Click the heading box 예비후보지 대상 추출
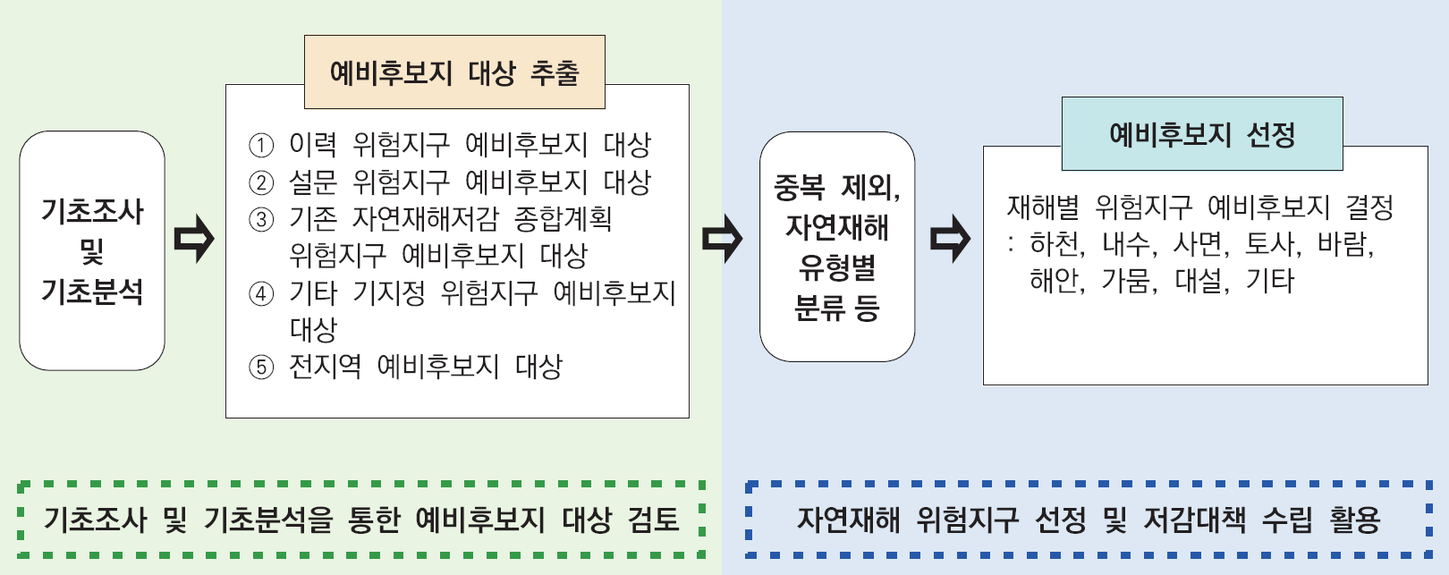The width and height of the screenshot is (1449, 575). click(x=454, y=72)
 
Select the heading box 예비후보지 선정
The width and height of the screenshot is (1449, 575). click(x=1202, y=134)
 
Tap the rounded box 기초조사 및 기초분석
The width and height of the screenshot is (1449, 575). click(x=92, y=250)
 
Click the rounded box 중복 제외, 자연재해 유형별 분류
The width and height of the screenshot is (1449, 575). click(x=837, y=247)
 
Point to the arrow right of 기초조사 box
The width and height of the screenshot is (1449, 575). click(x=194, y=239)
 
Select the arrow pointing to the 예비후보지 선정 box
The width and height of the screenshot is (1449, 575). click(x=950, y=239)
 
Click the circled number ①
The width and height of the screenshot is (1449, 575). click(x=260, y=145)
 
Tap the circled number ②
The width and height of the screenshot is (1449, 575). click(x=260, y=182)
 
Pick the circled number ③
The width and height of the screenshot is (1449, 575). click(x=260, y=219)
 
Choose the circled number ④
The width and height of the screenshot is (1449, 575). click(x=260, y=293)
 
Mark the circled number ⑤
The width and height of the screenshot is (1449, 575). click(x=260, y=367)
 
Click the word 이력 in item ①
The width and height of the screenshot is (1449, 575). click(x=313, y=144)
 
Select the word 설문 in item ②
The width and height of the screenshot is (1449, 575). click(x=313, y=182)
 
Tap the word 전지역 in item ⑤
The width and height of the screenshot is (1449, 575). click(x=325, y=366)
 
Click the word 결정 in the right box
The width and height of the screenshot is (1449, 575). click(x=1369, y=207)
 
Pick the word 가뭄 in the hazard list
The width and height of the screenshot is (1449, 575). click(x=1126, y=281)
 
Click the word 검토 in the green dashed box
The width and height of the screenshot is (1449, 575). click(x=654, y=520)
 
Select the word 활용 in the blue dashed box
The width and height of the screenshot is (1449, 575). click(x=1355, y=520)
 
